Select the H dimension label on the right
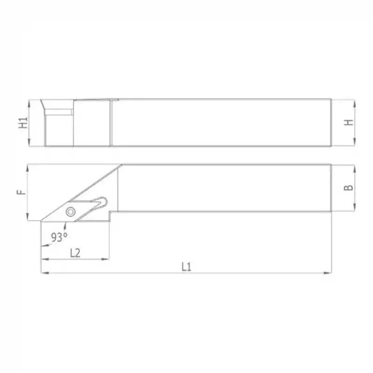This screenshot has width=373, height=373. point(349,122)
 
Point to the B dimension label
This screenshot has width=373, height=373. point(349,187)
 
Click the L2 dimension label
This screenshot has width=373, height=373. point(75,253)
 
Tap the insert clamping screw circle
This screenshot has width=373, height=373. point(70,211)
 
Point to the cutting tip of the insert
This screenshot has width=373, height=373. point(42,221)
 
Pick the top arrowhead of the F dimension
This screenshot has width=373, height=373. point(28,166)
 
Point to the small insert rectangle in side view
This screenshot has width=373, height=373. point(60,112)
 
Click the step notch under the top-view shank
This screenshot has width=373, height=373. point(112,215)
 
